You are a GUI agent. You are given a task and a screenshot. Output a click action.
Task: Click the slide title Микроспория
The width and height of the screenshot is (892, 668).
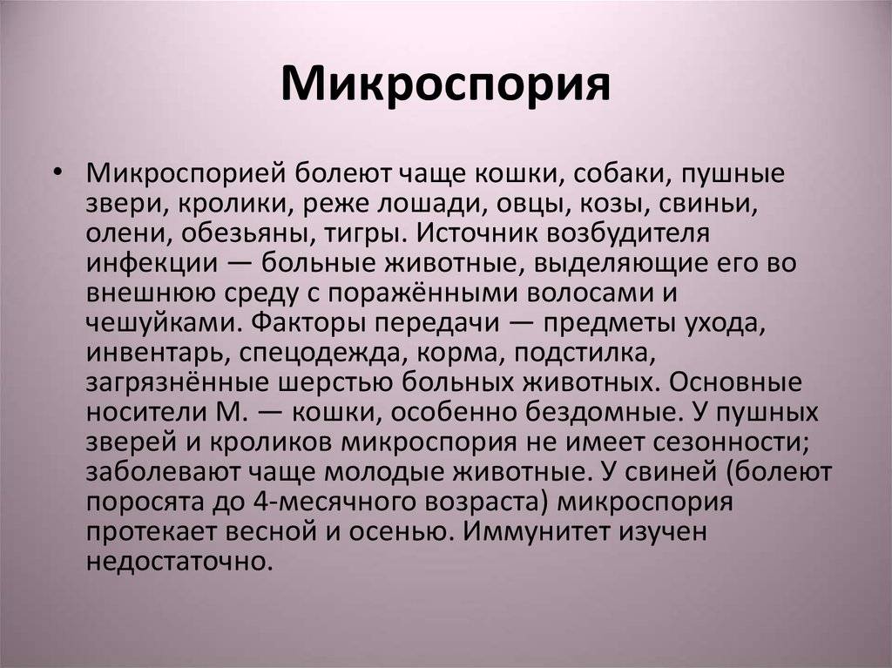click(x=445, y=85)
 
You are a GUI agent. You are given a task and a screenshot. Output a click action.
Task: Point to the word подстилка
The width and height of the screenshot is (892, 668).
click(x=585, y=353)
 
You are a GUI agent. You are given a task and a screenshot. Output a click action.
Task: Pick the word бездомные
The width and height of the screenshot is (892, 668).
click(x=603, y=412)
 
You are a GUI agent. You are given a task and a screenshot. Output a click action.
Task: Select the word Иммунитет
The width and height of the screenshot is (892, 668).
click(x=536, y=531)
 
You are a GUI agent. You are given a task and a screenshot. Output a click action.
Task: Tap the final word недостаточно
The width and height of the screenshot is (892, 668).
click(x=177, y=562)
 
